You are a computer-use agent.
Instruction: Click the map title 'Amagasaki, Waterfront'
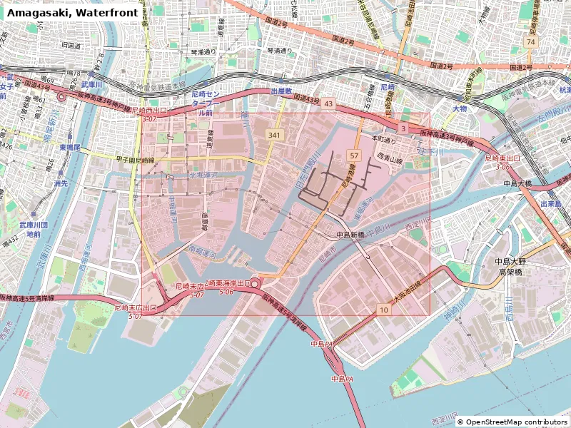click(73, 12)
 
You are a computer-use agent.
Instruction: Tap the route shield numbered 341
click(275, 135)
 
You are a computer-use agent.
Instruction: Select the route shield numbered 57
click(354, 155)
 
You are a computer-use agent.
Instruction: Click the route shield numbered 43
click(328, 103)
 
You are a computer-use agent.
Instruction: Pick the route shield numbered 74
click(530, 42)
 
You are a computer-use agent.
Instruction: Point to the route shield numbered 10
click(384, 309)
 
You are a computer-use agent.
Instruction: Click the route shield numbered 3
click(403, 128)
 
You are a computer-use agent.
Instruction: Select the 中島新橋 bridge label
click(350, 235)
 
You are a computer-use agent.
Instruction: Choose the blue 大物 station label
click(459, 108)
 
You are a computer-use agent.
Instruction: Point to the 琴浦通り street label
click(280, 51)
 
